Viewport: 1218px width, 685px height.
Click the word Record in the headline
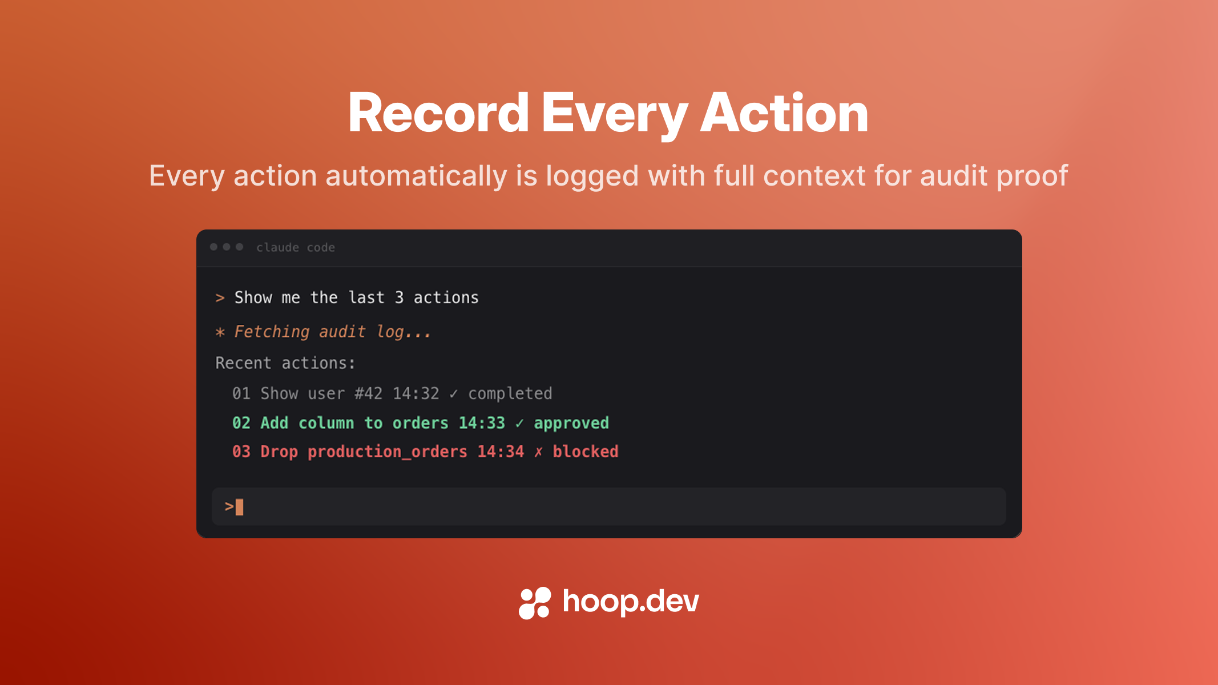[438, 113]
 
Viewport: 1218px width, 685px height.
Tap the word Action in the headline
[784, 113]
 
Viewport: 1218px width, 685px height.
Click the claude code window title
[295, 247]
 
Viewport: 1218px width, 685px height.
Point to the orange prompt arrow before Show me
[220, 298]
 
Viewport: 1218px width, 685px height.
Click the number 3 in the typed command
[399, 297]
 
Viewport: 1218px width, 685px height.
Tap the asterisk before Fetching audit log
[220, 332]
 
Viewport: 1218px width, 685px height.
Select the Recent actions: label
[285, 363]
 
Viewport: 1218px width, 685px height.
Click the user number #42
[368, 393]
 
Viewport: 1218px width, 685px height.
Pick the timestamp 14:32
[416, 393]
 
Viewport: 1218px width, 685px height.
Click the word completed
[510, 393]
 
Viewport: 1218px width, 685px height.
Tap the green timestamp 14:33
[482, 423]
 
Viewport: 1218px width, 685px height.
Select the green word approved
[571, 423]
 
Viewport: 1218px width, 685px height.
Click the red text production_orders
[387, 452]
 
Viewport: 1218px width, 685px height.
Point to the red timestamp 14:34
[501, 452]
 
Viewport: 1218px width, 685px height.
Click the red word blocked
[585, 452]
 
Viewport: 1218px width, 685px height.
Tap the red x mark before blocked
[538, 452]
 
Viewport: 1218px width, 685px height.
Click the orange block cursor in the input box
[240, 507]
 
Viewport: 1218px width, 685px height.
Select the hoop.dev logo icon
[534, 603]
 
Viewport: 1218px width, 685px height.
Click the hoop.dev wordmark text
[631, 602]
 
